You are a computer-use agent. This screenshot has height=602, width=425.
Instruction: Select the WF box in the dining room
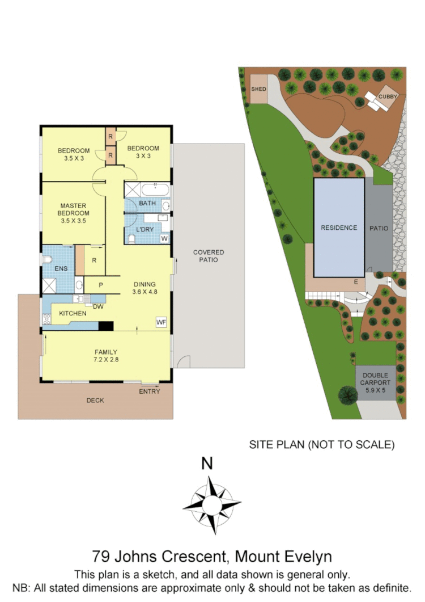[x=161, y=322]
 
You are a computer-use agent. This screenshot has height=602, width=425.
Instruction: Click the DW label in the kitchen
[x=97, y=307]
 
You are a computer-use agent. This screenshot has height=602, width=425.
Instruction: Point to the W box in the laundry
[x=164, y=238]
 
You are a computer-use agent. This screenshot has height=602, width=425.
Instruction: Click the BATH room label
[x=147, y=203]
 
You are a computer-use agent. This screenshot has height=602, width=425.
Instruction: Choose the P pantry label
[x=100, y=285]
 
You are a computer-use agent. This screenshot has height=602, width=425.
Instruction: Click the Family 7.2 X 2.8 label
[x=106, y=355]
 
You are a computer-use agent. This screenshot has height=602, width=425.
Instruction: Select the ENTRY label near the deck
[x=150, y=391]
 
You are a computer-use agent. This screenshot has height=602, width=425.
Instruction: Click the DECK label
[x=95, y=401]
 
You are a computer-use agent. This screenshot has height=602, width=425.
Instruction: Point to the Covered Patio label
[x=209, y=256]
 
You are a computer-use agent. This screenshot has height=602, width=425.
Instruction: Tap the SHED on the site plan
[x=258, y=90]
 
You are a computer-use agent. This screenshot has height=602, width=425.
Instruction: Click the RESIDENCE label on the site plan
[x=339, y=228]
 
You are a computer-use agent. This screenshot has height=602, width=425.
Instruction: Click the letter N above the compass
[x=207, y=464]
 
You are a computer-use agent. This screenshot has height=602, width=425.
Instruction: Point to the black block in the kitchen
[x=106, y=326]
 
